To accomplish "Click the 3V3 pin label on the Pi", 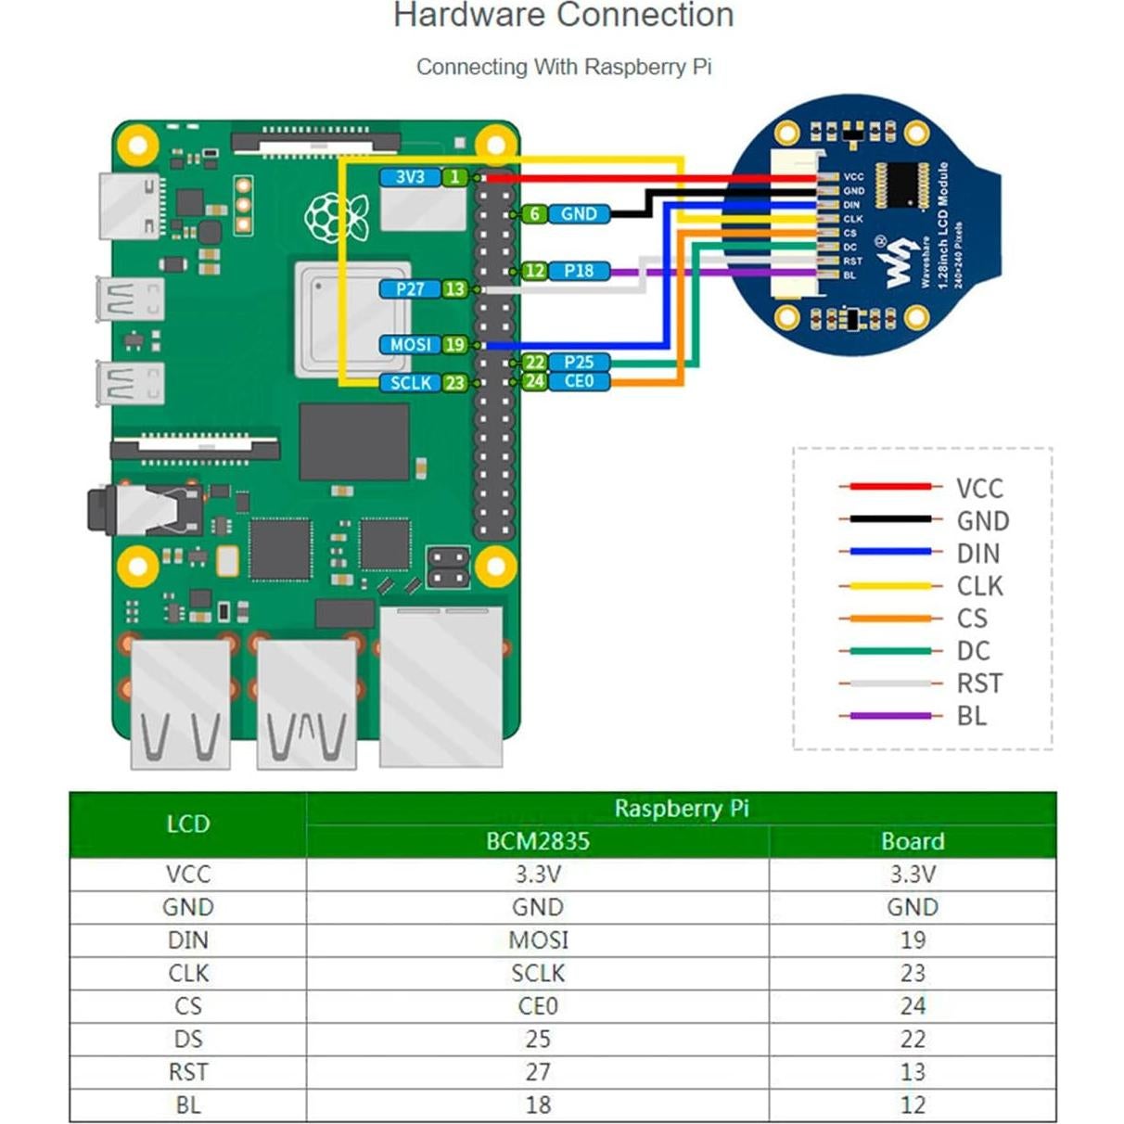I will pos(409,177).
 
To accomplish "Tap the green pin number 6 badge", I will pos(534,214).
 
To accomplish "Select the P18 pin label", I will pos(579,271).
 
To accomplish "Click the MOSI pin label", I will pos(409,345).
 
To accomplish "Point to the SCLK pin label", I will pos(410,383).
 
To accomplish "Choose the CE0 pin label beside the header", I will pos(579,381).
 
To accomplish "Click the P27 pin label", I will pos(410,289).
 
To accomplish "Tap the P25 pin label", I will pos(579,362).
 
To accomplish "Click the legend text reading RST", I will pos(979,683).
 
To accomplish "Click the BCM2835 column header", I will pos(538,841).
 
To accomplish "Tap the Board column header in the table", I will pos(913,841).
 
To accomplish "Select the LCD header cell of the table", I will pos(188,824).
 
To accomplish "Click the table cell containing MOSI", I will pos(538,940).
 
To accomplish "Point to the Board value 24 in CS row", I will pos(913,1006).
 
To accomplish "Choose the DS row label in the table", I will pos(188,1040).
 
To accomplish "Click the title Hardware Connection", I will pos(563,16).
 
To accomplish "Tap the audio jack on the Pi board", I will pos(139,510).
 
